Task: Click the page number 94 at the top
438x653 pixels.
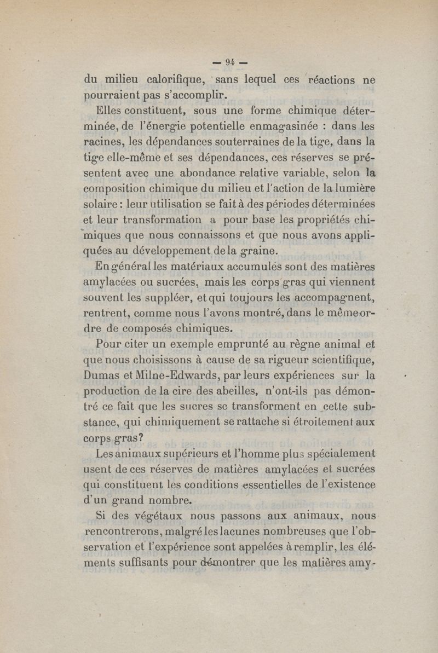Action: pyautogui.click(x=221, y=62)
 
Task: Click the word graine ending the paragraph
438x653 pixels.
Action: pyautogui.click(x=262, y=252)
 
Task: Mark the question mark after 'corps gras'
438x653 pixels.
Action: pyautogui.click(x=141, y=438)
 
